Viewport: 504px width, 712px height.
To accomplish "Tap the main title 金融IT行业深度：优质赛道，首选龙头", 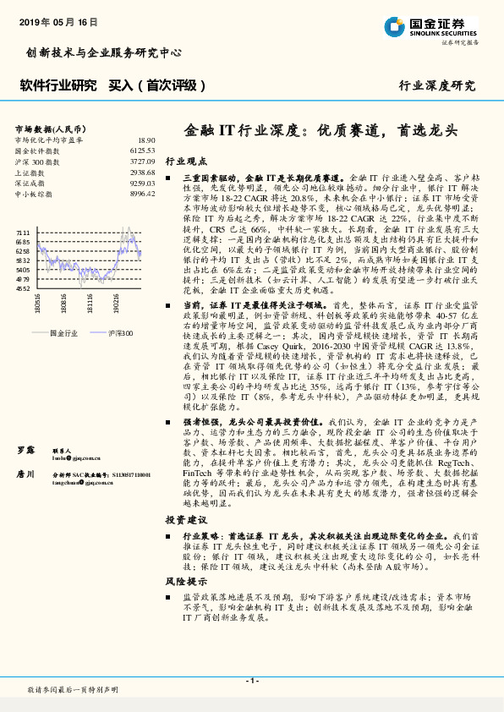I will pyautogui.click(x=320, y=131).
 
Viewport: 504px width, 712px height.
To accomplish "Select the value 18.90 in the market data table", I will pyautogui.click(x=146, y=140).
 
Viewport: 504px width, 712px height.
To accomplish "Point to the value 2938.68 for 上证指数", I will pyautogui.click(x=143, y=172).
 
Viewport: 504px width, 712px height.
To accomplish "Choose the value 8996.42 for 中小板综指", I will pyautogui.click(x=143, y=194).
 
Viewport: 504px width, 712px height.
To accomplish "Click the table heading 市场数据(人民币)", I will pyautogui.click(x=48, y=129).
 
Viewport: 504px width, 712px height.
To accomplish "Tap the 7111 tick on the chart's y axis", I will pyautogui.click(x=22, y=231).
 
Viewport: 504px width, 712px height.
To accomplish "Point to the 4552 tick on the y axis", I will pyautogui.click(x=22, y=288).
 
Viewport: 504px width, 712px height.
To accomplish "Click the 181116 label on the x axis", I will pyautogui.click(x=90, y=303).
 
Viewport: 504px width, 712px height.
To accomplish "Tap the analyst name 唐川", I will pyautogui.click(x=26, y=474).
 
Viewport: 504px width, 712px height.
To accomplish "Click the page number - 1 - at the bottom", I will pyautogui.click(x=251, y=681).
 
